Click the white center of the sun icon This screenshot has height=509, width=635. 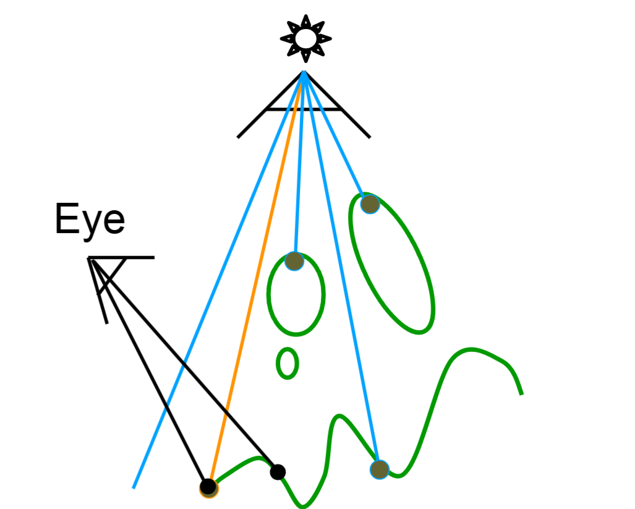(305, 39)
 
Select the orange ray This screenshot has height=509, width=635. (257, 278)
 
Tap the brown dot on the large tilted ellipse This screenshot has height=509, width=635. (369, 203)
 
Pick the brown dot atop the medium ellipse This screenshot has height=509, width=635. (294, 261)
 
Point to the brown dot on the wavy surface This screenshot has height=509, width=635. (379, 469)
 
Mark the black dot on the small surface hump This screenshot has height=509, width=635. (278, 472)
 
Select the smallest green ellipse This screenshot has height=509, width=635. (287, 363)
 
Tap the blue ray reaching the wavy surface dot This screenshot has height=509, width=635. (342, 278)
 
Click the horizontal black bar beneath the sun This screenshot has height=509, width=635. (303, 110)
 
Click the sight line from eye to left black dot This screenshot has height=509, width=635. (148, 371)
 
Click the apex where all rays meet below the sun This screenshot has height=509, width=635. (304, 72)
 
